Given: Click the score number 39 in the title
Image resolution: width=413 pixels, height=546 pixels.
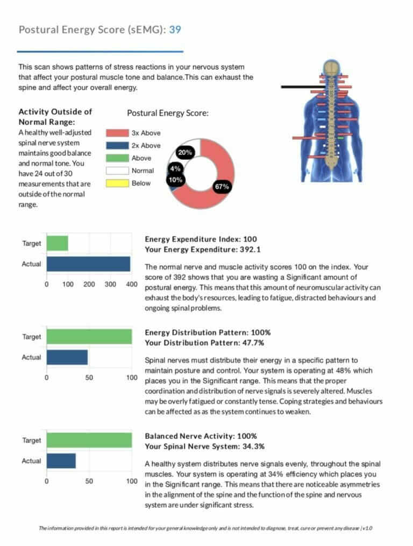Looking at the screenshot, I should tap(175, 30).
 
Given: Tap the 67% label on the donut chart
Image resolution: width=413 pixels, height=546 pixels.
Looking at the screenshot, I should tap(222, 187).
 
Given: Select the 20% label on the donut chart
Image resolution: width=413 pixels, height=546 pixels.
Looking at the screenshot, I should tap(186, 152).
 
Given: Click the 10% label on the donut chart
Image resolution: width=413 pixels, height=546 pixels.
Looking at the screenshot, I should tap(175, 180).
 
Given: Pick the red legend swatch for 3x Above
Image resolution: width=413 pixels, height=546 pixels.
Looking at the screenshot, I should tap(116, 133).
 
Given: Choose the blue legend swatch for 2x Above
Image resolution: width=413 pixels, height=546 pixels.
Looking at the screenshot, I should tap(116, 145).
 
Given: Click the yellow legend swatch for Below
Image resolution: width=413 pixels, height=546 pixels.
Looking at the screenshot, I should tap(116, 183).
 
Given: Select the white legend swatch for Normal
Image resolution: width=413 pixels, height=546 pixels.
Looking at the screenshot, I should tap(116, 171).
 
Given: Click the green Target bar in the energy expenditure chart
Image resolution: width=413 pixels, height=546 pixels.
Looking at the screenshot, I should tap(57, 243).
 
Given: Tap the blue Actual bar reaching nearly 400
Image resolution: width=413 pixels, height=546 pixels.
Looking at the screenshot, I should tap(88, 264).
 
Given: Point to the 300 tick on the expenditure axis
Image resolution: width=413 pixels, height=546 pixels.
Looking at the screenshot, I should tap(110, 283).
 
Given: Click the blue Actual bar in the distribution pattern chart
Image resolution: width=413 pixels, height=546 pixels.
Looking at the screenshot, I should tap(67, 358).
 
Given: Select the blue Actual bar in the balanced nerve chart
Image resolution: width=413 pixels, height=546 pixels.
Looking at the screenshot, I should tap(61, 461).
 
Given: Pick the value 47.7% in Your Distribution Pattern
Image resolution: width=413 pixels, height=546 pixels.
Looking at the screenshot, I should tap(251, 343).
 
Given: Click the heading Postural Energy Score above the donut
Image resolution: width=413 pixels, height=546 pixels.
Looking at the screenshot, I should tap(168, 114).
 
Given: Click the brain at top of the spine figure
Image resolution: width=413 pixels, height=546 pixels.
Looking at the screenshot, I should tap(331, 67).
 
